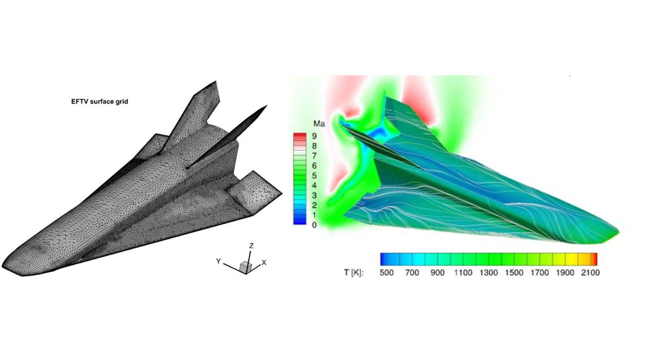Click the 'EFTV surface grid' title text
(100, 102)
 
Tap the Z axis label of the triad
(252, 246)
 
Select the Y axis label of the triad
(218, 261)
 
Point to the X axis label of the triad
(264, 263)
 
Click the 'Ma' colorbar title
(319, 124)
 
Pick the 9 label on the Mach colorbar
(314, 136)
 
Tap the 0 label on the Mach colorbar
(314, 225)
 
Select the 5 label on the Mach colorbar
(314, 175)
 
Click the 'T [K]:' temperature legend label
(354, 273)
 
